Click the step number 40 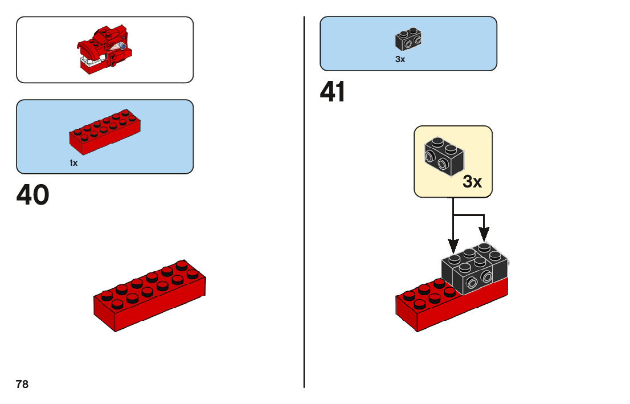click(32, 195)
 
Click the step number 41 click(332, 92)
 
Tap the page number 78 click(22, 384)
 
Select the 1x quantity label click(73, 163)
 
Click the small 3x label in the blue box click(400, 59)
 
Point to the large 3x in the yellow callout click(472, 182)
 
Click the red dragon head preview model click(104, 50)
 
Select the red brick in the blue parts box click(105, 132)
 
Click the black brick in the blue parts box click(408, 39)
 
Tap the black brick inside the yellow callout click(444, 156)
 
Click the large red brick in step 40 click(150, 296)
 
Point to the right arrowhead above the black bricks click(484, 234)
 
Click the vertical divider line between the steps click(304, 202)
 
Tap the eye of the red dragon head click(122, 47)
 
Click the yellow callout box click(453, 162)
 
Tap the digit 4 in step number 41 click(328, 92)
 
